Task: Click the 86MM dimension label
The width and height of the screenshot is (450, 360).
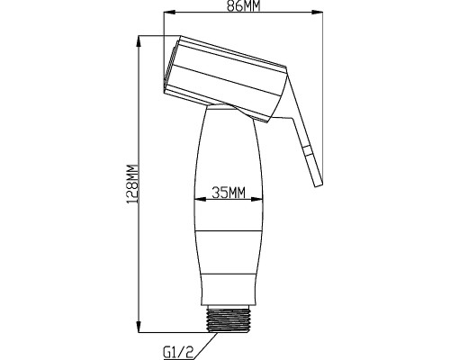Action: [243, 5]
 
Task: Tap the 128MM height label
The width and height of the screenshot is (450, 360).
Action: [131, 184]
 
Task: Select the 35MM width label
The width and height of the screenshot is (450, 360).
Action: [229, 193]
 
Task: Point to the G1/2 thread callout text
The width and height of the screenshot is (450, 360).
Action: [178, 352]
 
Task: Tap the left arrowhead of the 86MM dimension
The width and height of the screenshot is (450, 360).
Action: [169, 13]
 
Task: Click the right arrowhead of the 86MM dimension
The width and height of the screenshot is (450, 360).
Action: [317, 13]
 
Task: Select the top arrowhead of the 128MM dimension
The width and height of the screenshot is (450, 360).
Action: [139, 42]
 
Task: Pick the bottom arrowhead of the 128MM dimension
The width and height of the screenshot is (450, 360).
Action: [139, 326]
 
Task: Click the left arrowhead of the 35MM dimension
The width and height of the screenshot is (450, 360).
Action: [200, 199]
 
